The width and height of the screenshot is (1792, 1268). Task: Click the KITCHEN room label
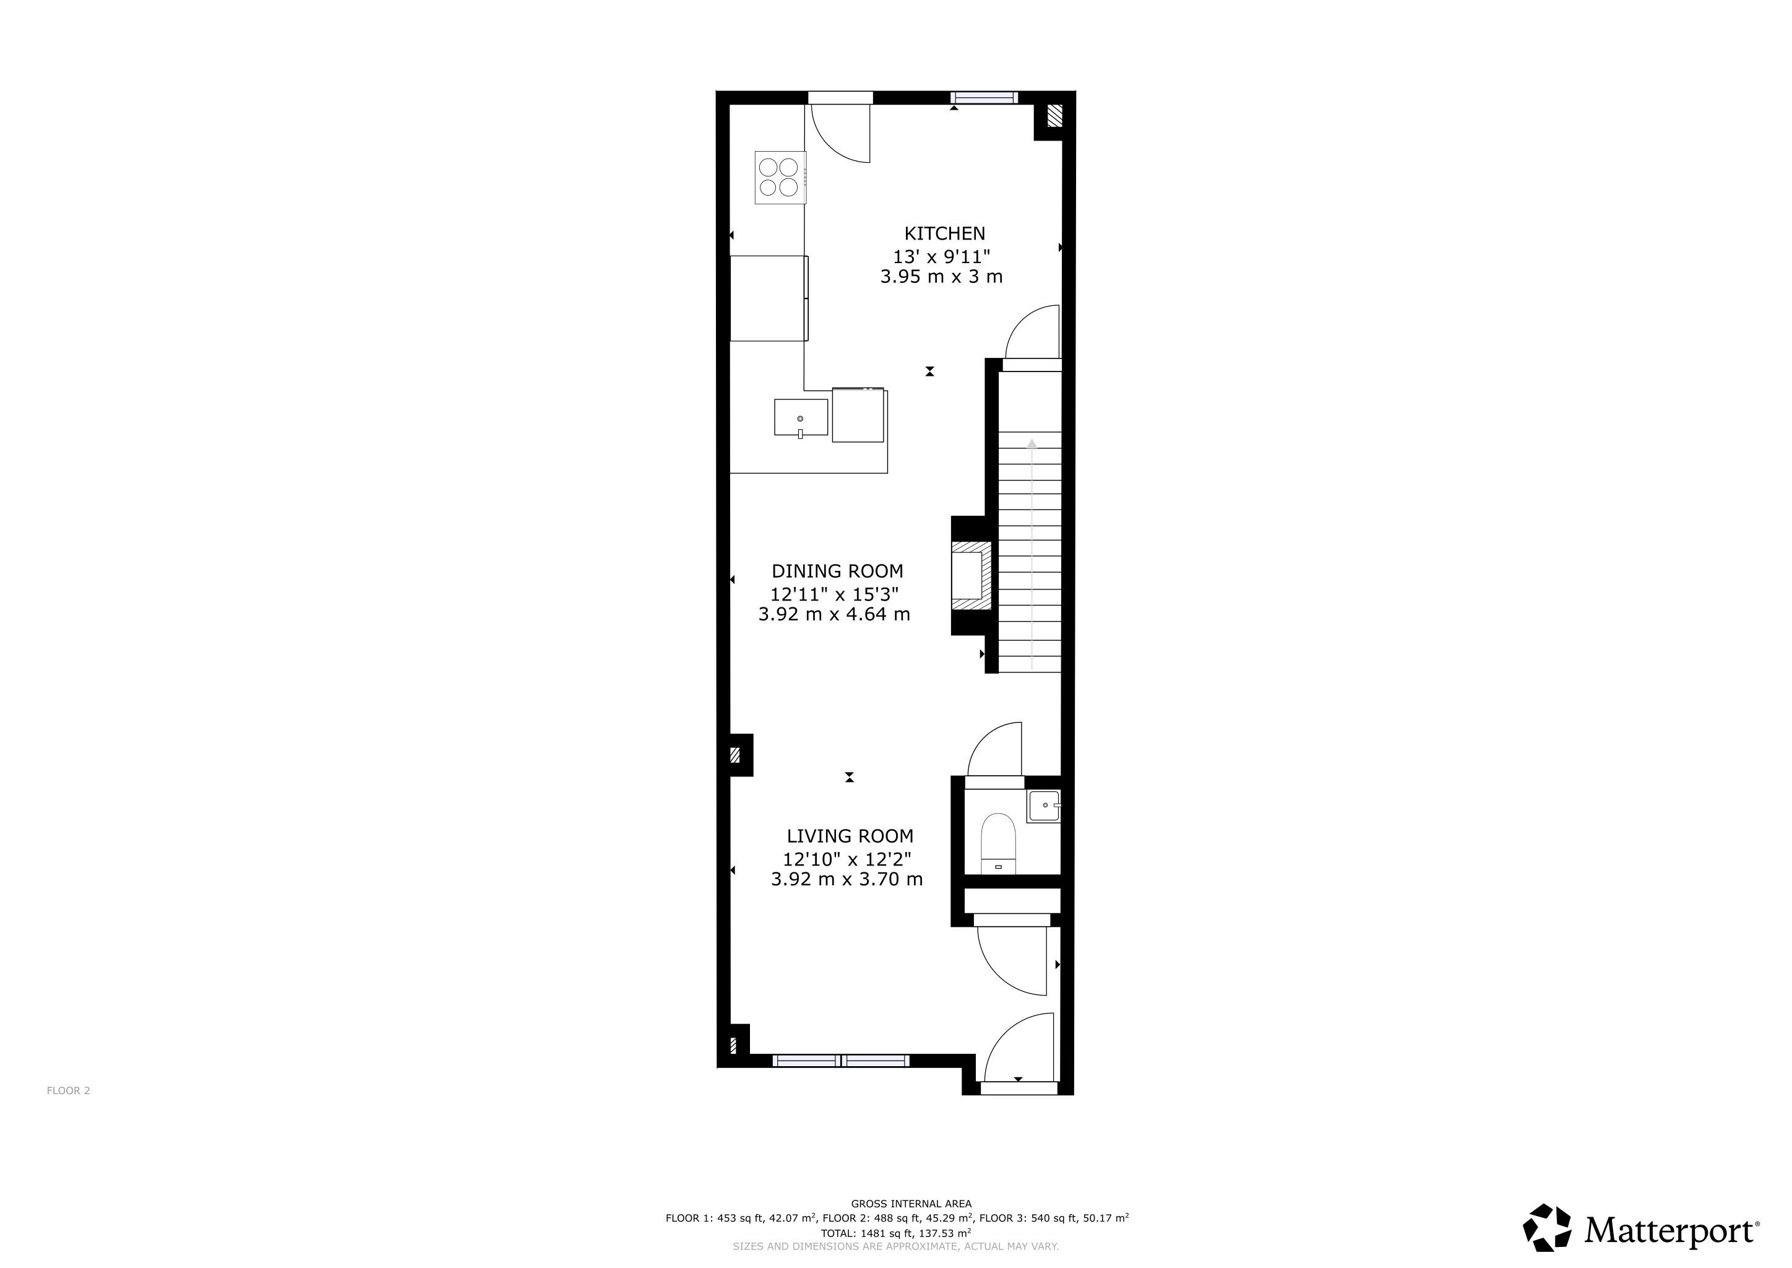pos(944,233)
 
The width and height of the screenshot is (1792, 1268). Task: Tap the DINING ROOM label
pos(837,571)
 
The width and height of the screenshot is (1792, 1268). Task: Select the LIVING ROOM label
pos(850,836)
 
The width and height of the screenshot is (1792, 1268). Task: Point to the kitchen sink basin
pos(801,417)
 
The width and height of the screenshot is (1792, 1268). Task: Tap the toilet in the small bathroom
pos(997,843)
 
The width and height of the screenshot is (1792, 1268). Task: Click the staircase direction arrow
pos(1032,554)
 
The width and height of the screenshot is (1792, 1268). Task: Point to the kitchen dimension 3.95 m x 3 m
pos(941,276)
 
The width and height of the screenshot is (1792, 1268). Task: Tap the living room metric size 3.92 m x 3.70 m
pos(847,880)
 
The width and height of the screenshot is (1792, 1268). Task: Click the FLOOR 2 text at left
pos(69,1091)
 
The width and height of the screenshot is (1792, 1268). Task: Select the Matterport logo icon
pos(1547,1227)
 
